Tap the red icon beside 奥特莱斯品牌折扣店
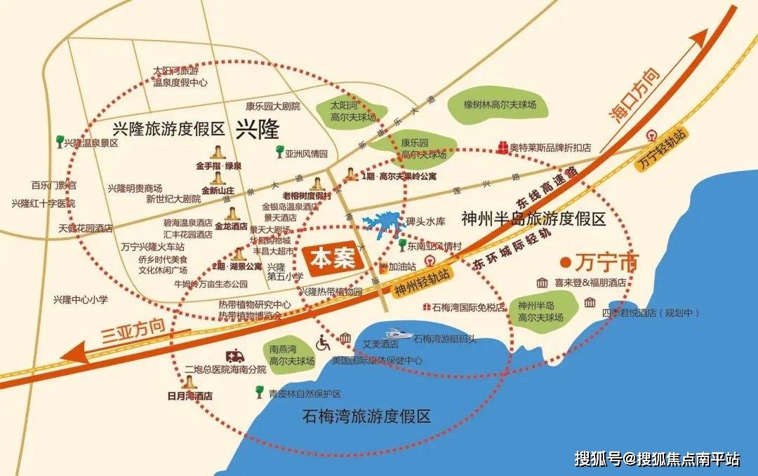coord(503,147)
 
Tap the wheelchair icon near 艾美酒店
coord(324,343)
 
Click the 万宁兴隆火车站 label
coord(153,247)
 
